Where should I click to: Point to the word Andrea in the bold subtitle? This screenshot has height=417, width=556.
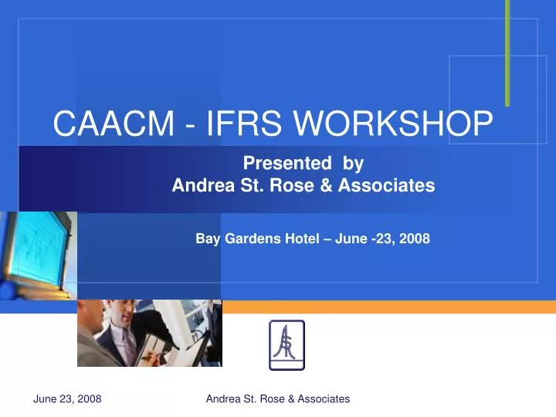click(200, 185)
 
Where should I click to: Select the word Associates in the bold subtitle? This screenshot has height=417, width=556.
click(386, 185)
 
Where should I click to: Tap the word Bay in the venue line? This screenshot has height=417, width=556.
click(208, 239)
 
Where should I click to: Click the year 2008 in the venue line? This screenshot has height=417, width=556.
click(415, 239)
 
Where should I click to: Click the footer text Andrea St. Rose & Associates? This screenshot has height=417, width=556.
click(278, 398)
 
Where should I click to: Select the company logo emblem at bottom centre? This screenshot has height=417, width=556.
click(286, 345)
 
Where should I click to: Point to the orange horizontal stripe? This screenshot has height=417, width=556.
click(386, 307)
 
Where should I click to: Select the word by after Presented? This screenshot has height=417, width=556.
click(354, 163)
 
